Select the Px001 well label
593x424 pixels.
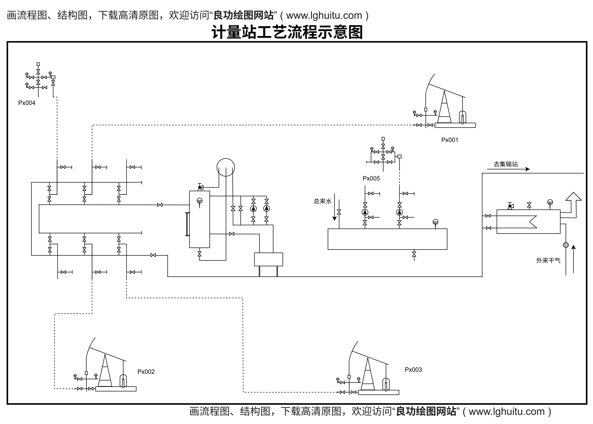pyautogui.click(x=450, y=140)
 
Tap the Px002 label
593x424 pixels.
pyautogui.click(x=146, y=372)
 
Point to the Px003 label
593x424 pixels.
pyautogui.click(x=413, y=369)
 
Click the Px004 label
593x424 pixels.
pyautogui.click(x=27, y=103)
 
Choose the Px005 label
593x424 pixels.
pyautogui.click(x=371, y=179)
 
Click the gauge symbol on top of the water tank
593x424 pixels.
pyautogui.click(x=435, y=222)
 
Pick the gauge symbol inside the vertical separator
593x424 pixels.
pyautogui.click(x=199, y=201)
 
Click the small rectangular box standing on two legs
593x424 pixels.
pyautogui.click(x=268, y=259)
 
